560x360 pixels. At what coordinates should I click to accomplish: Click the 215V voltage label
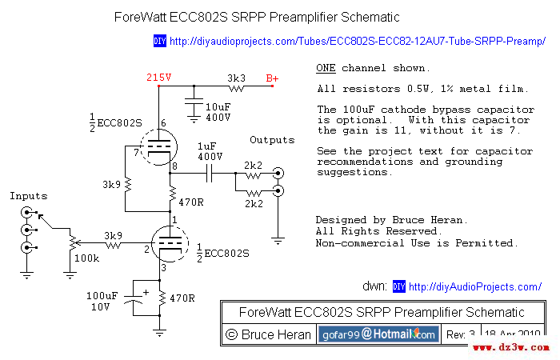[158, 78]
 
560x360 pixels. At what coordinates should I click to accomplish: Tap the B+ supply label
[273, 78]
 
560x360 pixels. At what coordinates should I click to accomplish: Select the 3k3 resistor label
[236, 78]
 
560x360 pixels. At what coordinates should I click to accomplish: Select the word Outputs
[272, 140]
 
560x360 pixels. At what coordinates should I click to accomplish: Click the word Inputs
[28, 195]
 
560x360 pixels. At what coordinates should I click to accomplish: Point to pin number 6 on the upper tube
[162, 123]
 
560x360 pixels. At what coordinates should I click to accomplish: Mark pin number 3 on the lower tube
[162, 267]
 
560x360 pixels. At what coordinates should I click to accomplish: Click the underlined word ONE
[326, 68]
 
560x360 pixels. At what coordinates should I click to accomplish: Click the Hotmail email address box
[378, 334]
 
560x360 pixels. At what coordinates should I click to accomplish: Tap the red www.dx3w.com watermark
[510, 349]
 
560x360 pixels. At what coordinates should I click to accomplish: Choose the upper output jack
[277, 173]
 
